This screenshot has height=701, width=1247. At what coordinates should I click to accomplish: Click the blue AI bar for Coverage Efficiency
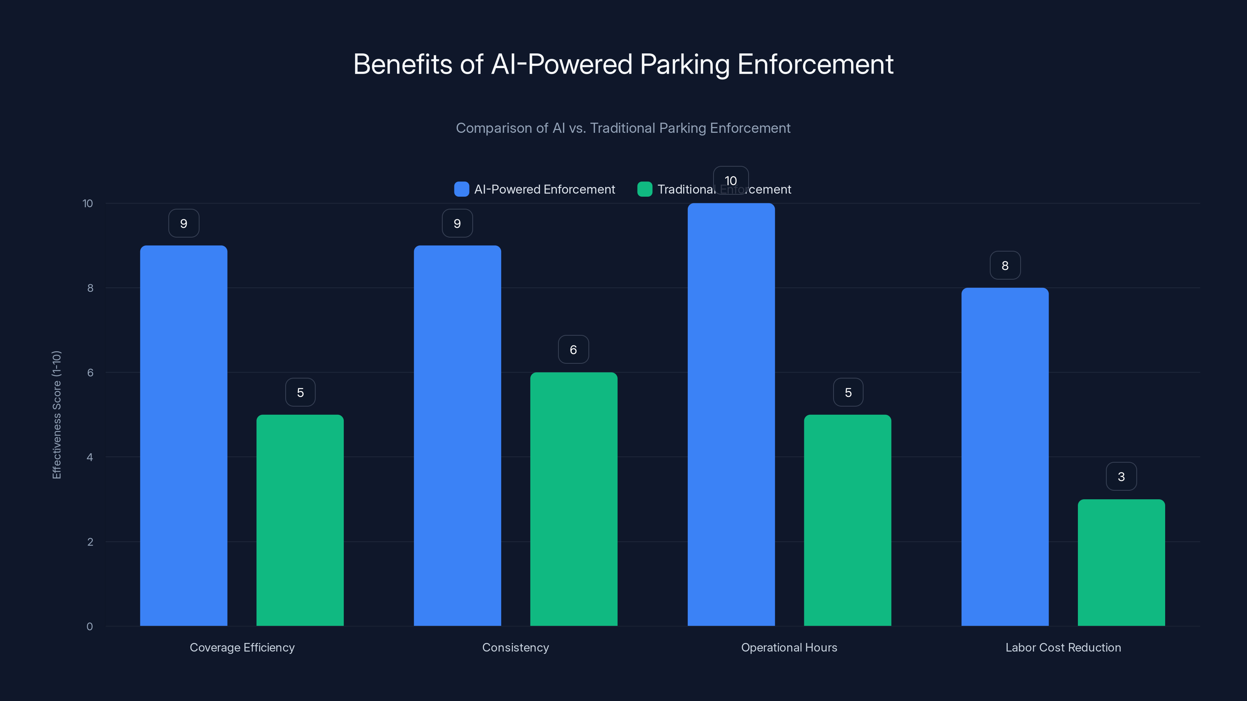click(184, 435)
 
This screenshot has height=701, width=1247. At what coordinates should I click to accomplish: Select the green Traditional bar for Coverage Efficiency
click(300, 520)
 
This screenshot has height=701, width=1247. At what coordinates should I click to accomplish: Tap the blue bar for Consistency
click(457, 435)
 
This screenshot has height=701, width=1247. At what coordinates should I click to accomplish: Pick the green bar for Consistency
click(574, 499)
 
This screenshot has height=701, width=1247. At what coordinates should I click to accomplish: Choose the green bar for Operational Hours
click(847, 520)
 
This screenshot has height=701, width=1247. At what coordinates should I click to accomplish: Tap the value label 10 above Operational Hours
click(731, 180)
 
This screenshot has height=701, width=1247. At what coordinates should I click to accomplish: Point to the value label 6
click(573, 349)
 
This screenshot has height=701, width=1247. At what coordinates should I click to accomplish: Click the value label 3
click(1121, 477)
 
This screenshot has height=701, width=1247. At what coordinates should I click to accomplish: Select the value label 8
click(1005, 265)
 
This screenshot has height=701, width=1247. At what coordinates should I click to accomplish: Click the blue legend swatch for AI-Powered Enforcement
click(461, 189)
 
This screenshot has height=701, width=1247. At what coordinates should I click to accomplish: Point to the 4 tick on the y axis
click(90, 457)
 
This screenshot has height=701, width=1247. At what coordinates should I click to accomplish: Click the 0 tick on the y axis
click(90, 627)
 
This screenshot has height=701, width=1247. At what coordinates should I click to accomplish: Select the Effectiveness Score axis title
click(57, 415)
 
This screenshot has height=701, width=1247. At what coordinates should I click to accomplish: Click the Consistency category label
click(516, 647)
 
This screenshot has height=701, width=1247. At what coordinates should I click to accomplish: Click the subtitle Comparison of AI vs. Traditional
click(623, 128)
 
